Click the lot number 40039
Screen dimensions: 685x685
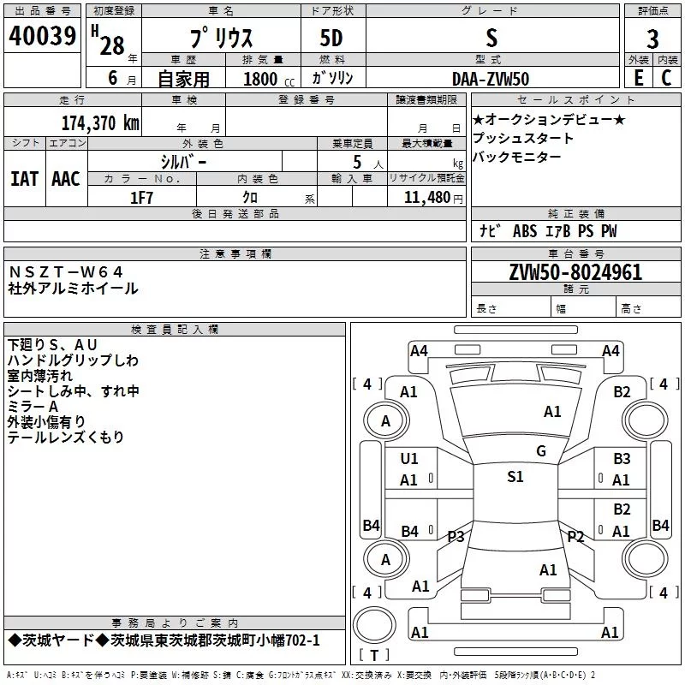click(42, 36)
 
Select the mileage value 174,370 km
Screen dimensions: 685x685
click(100, 123)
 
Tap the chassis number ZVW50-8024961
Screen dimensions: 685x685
click(575, 272)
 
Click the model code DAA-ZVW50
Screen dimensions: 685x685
click(491, 79)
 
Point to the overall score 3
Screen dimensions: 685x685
click(652, 39)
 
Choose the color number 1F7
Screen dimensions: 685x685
click(141, 198)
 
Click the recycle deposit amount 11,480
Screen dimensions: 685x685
click(426, 198)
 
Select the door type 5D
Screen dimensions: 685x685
click(331, 38)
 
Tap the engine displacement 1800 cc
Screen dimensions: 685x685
click(269, 79)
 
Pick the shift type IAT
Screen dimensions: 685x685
click(24, 179)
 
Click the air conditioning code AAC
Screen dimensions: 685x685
click(66, 179)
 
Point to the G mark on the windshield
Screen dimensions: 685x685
click(541, 451)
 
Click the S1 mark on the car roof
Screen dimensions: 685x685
click(515, 477)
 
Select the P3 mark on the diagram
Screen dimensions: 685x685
click(456, 536)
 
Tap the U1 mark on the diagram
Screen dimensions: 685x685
click(409, 459)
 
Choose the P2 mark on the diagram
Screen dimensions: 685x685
click(575, 536)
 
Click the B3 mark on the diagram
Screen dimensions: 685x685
click(622, 459)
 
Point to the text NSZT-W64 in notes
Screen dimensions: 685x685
click(66, 272)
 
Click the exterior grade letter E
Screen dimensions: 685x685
click(639, 78)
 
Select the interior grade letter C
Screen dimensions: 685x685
click(666, 78)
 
